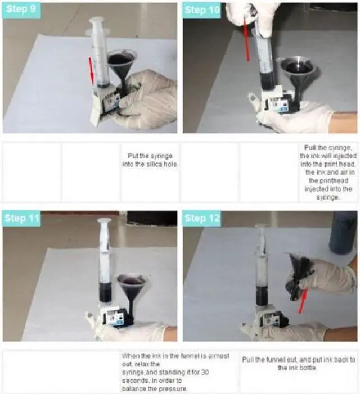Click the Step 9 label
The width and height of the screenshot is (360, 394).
pyautogui.click(x=21, y=10)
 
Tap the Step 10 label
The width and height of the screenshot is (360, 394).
pyautogui.click(x=201, y=10)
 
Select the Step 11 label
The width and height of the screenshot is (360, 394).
pyautogui.click(x=21, y=218)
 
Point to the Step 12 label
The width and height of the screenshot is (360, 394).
pyautogui.click(x=202, y=218)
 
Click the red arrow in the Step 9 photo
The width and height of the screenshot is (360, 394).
pyautogui.click(x=91, y=71)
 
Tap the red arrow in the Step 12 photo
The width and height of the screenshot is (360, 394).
pyautogui.click(x=303, y=301)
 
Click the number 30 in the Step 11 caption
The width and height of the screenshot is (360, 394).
pyautogui.click(x=205, y=372)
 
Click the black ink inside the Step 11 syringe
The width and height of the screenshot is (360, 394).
pyautogui.click(x=105, y=292)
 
